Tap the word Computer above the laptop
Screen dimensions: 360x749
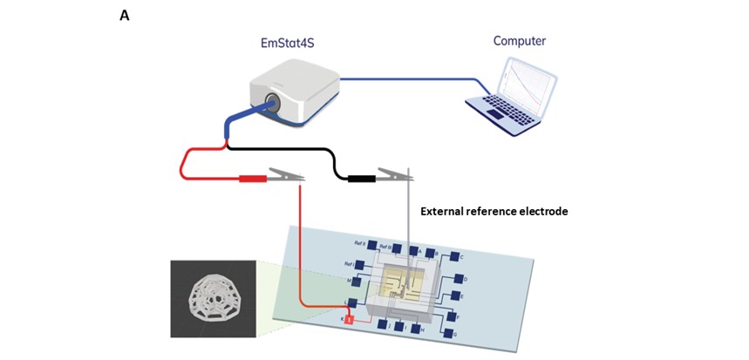(520, 41)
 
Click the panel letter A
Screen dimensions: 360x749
(124, 15)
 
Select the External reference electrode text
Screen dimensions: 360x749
(494, 211)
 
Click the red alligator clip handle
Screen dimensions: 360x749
(253, 179)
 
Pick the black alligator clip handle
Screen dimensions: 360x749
(362, 179)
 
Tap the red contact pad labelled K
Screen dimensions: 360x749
(348, 320)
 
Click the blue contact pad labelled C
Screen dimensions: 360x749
(454, 257)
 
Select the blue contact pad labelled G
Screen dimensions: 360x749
(448, 333)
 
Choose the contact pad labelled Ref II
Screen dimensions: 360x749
(371, 245)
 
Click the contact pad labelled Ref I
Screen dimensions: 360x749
(358, 264)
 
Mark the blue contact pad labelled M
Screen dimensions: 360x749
(356, 281)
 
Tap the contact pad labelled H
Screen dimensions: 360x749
(415, 329)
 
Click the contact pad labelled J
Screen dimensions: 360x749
(382, 324)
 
